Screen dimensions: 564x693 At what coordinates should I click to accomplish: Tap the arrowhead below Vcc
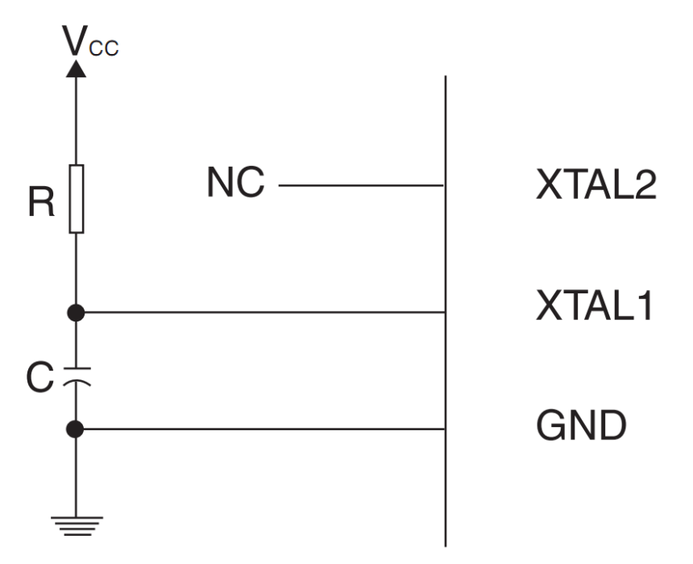(x=77, y=68)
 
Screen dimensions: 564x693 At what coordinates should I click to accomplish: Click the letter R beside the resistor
(x=41, y=204)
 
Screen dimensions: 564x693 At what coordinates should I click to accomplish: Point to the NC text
(x=234, y=184)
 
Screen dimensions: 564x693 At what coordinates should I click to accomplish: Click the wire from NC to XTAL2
(x=363, y=186)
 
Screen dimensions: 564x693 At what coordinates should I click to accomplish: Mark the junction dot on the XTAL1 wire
(x=77, y=312)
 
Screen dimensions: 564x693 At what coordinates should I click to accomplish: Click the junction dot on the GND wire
(x=77, y=429)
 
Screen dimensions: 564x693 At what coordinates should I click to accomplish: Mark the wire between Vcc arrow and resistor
(x=77, y=121)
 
